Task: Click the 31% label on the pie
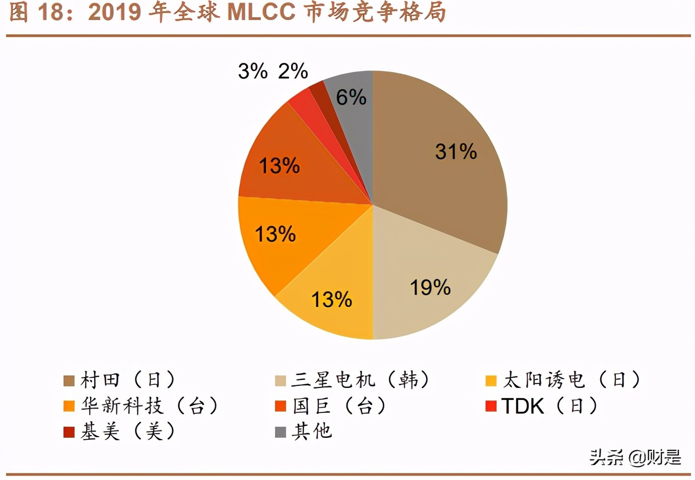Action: point(456,151)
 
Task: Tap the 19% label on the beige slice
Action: point(430,288)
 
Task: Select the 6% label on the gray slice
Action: point(351,97)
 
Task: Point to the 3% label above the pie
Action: point(253,71)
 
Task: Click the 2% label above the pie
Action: point(293,71)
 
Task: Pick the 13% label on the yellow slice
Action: point(331,300)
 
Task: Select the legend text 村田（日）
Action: point(128,380)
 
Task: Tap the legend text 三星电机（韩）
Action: point(361,380)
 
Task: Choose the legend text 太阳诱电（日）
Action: point(572,380)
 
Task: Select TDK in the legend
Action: point(523,406)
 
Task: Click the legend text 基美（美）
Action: point(128,432)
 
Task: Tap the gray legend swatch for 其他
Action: point(281,432)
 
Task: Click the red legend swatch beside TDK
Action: point(491,406)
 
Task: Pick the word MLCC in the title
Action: point(261,12)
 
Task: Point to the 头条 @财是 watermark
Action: point(636,457)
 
